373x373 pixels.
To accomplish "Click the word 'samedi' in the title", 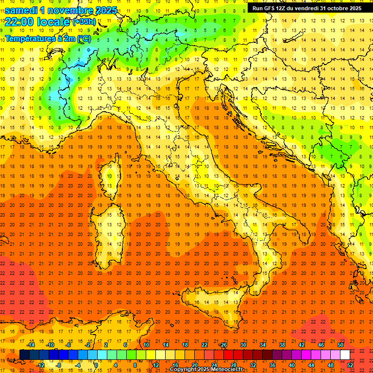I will click(21, 10).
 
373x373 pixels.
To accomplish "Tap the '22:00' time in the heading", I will click(19, 21).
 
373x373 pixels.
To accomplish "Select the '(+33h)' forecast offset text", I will click(84, 22).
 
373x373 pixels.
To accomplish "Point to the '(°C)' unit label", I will click(84, 38).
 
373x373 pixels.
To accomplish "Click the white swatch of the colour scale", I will click(345, 355).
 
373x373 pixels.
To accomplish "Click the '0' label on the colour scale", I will click(96, 365).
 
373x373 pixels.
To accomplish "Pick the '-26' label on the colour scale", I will click(223, 345).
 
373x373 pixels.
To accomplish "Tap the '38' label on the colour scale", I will click(282, 345).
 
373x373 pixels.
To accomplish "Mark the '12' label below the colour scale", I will click(155, 365).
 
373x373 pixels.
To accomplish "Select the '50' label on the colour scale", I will click(340, 345).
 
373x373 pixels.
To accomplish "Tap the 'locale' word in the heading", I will click(54, 21).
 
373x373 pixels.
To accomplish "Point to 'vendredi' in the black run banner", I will click(303, 8).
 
